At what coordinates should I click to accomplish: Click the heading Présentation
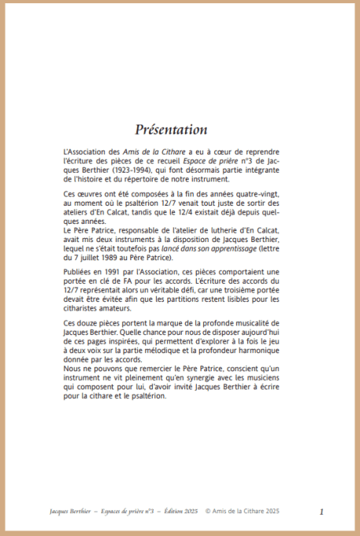coord(171,129)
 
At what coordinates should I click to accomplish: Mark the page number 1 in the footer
coord(321,512)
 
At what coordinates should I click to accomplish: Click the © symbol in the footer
coord(208,512)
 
